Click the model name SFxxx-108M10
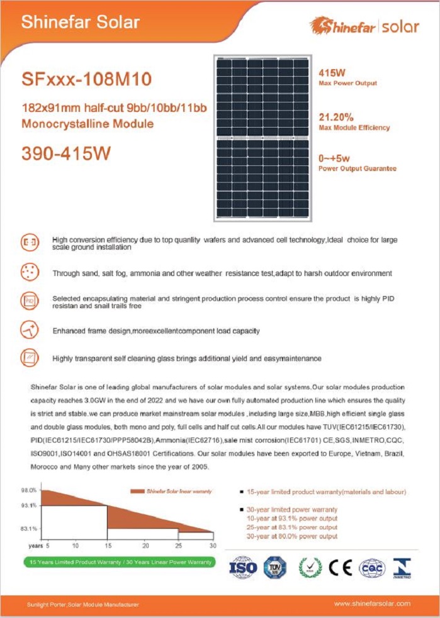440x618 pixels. coord(87,80)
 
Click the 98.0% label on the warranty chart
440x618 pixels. coord(29,490)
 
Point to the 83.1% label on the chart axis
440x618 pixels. coord(29,529)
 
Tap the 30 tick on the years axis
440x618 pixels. coord(212,544)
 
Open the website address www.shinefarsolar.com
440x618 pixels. coord(372,604)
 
